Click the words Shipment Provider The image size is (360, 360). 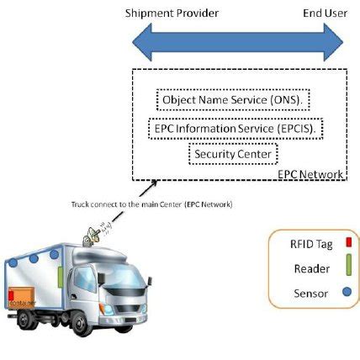[172, 13]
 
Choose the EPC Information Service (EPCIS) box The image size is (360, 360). [237, 129]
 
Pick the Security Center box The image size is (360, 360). [233, 154]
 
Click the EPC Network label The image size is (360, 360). [310, 174]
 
